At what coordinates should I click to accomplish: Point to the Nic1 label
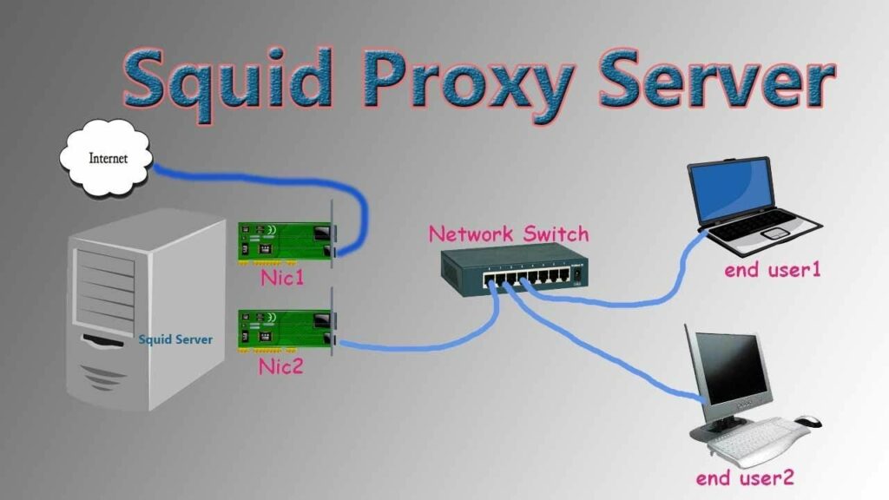click(282, 279)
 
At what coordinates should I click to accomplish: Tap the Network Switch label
click(509, 234)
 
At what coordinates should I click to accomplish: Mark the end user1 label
click(773, 270)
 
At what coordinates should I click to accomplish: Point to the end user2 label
click(745, 477)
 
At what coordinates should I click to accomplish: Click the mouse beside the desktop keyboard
click(808, 421)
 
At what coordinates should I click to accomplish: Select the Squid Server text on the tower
click(175, 339)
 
